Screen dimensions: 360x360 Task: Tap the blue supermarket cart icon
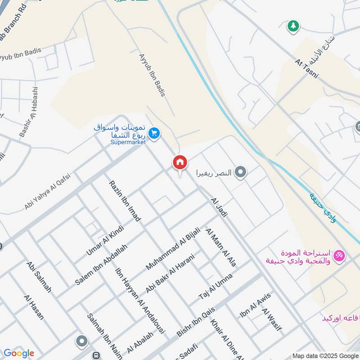coord(154,134)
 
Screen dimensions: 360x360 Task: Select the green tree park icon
coord(293,26)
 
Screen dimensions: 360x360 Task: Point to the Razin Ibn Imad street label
coord(125,201)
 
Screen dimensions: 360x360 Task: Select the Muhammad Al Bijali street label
coord(173,249)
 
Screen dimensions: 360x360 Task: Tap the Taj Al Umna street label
coord(216,287)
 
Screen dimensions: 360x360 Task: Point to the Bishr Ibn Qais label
coord(197,321)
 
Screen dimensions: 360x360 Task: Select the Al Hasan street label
coord(34,307)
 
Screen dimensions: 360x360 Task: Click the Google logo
coord(18,353)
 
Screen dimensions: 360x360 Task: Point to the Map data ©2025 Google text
coord(325,355)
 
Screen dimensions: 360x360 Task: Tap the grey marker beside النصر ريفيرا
coord(241,172)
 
